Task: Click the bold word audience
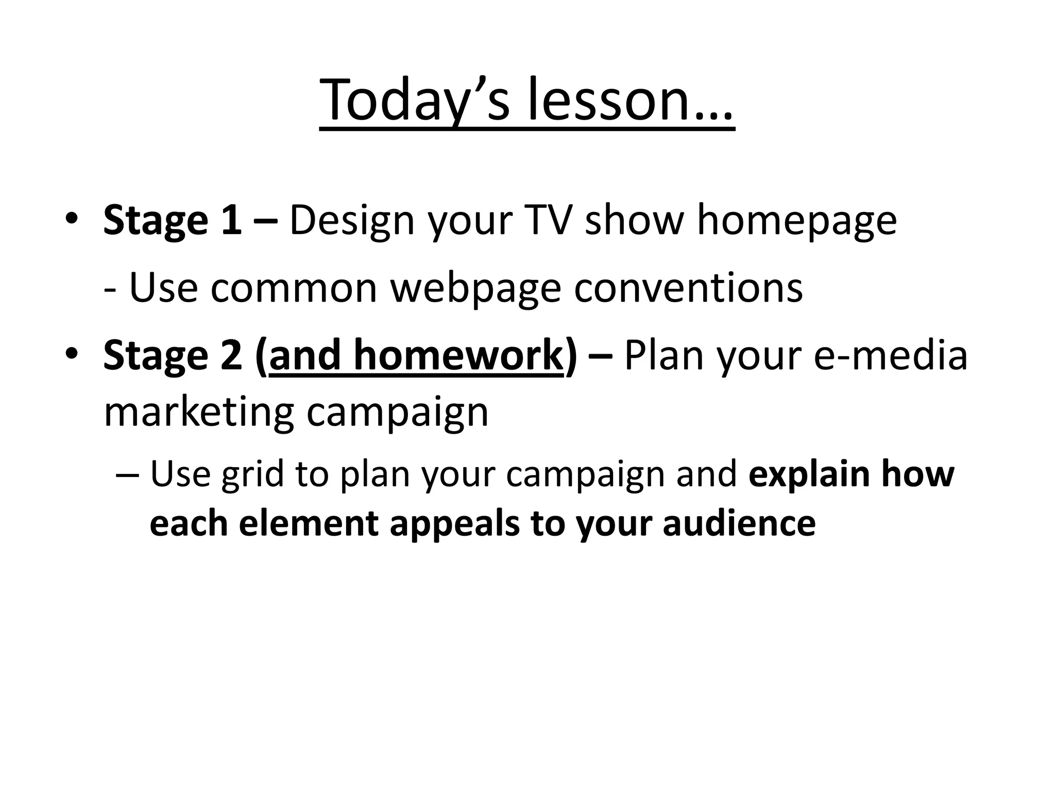[x=739, y=524]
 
